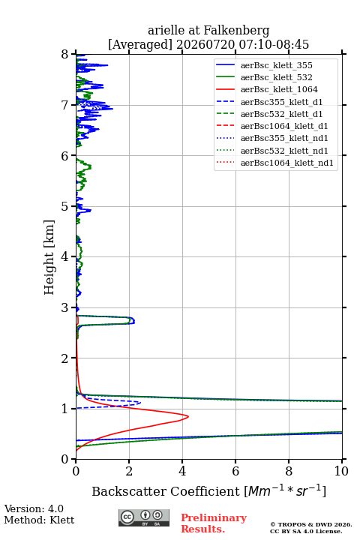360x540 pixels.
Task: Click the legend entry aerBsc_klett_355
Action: [x=276, y=65]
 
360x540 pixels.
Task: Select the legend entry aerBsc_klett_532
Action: [x=276, y=77]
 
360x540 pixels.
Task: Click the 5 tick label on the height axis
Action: [x=65, y=206]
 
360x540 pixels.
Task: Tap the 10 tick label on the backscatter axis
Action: [x=341, y=471]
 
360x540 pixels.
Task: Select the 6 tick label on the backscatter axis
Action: [x=235, y=471]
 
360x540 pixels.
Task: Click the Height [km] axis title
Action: [x=49, y=257]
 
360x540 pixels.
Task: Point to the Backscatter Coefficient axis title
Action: [x=208, y=490]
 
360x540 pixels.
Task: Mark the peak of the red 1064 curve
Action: [x=188, y=416]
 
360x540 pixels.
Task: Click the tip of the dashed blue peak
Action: [x=140, y=402]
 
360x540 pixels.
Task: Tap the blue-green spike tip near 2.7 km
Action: [x=134, y=321]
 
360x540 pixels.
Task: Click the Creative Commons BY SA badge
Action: [x=144, y=517]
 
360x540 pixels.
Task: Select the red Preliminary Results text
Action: [x=214, y=523]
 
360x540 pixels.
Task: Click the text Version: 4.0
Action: [x=34, y=508]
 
